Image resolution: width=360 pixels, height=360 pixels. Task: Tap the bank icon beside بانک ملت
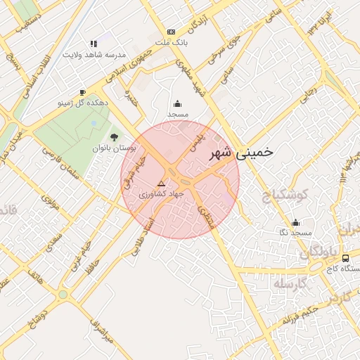click(x=171, y=32)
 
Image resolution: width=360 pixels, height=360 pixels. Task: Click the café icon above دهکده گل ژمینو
click(x=82, y=92)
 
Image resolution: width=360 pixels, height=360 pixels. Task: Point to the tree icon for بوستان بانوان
click(x=115, y=137)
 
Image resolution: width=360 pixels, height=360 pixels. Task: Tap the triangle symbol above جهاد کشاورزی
click(x=161, y=183)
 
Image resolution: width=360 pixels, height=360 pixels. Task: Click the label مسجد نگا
click(x=295, y=232)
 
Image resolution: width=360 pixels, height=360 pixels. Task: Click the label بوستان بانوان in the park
click(x=114, y=149)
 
